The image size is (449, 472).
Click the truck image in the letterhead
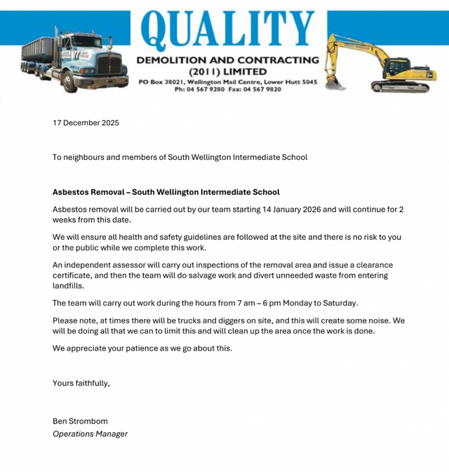coord(74,60)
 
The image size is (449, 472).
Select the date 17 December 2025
coord(86,123)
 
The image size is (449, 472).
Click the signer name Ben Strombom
coord(80,421)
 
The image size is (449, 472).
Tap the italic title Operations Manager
coord(90,433)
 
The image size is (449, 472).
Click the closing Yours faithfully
coord(81,383)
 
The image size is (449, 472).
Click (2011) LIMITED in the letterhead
coord(227,72)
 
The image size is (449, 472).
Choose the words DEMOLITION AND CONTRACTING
coord(227,60)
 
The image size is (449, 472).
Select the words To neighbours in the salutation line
coord(76,157)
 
